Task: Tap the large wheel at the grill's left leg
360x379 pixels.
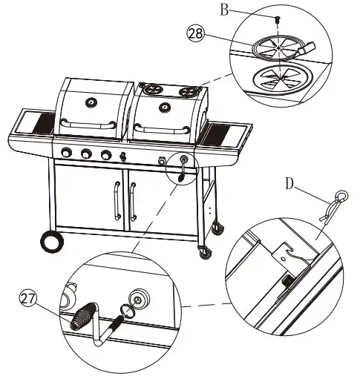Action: coord(50,242)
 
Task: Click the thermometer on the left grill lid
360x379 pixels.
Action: coord(91,102)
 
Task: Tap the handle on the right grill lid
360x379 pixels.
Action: coord(166,134)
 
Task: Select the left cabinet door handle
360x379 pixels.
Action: coord(115,200)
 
